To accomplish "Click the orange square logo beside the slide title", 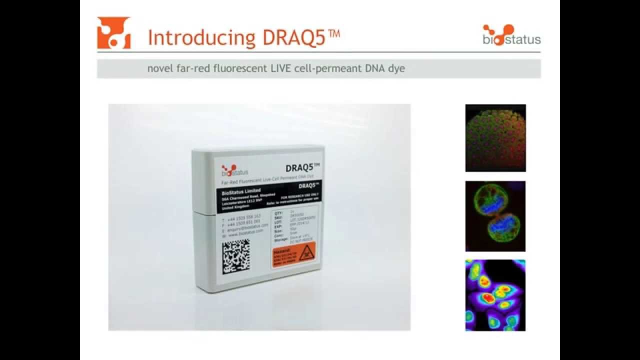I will (x=113, y=33).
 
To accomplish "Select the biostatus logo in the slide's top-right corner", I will (x=511, y=34).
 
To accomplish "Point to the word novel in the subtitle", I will (x=159, y=68).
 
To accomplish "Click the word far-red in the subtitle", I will (x=189, y=68).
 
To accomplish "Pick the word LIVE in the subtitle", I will (x=270, y=68).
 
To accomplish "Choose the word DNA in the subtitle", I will (x=372, y=68).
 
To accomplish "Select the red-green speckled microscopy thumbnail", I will (x=495, y=137).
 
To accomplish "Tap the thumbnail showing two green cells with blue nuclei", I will (x=495, y=216).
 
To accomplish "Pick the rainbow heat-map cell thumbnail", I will (x=495, y=295).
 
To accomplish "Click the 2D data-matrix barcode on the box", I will (x=236, y=256).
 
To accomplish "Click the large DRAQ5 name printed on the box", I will (x=301, y=169).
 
